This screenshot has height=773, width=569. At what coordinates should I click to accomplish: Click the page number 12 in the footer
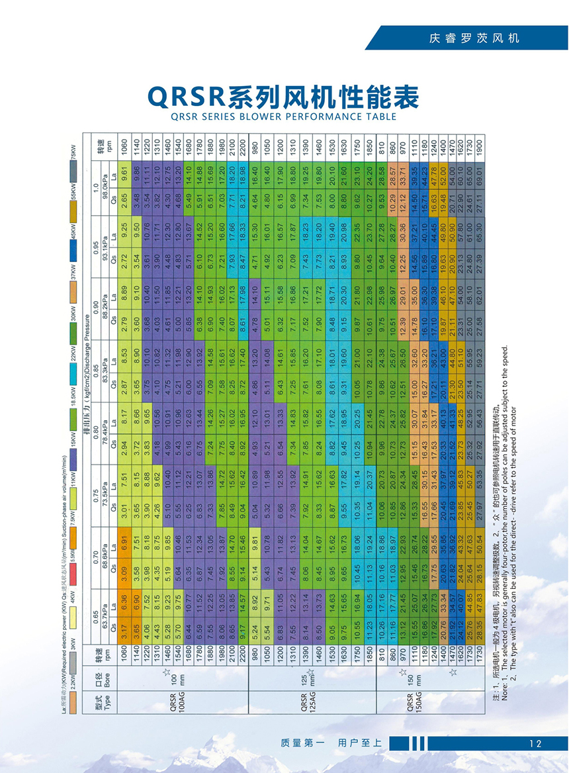click(x=536, y=743)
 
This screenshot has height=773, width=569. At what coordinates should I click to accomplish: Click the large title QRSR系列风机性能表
click(x=284, y=97)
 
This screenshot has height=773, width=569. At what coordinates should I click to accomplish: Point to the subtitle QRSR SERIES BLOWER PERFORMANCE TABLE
click(x=284, y=116)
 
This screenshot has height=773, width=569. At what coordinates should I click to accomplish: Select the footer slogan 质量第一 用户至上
click(x=331, y=743)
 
